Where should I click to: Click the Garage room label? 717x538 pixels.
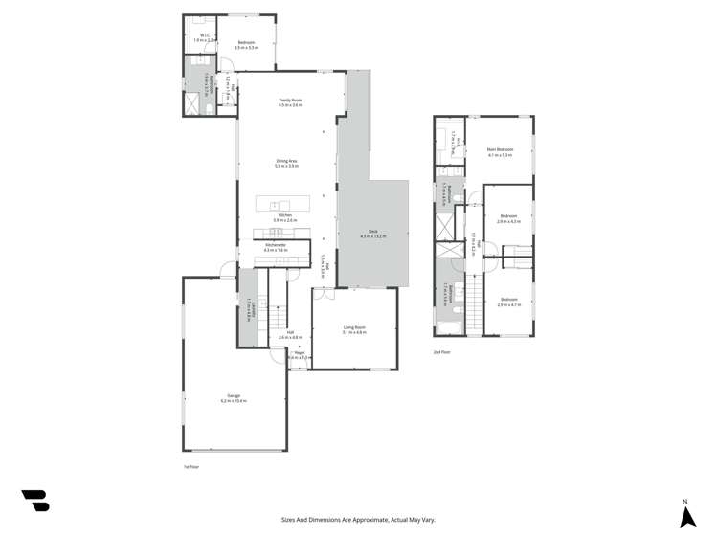234,397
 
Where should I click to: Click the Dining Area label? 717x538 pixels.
286,162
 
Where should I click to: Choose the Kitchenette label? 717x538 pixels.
276,246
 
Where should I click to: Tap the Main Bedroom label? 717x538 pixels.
500,150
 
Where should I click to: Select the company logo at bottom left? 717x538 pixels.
35,500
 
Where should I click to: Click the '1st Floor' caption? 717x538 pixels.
191,466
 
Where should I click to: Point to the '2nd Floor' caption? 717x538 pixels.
441,351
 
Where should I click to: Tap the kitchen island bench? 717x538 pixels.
282,204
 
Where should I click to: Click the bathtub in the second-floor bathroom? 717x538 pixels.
448,329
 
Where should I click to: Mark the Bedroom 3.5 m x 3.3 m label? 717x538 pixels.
247,44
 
